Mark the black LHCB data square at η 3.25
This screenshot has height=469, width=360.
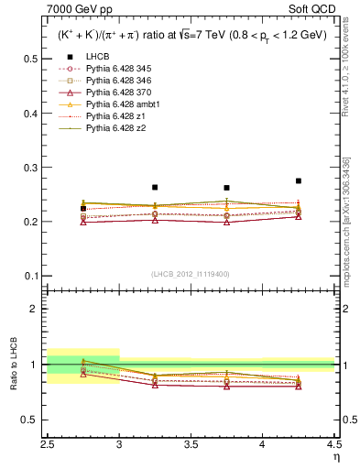tap(155, 187)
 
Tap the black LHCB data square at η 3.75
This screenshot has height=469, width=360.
tap(226, 188)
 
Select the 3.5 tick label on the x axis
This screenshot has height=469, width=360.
tap(191, 443)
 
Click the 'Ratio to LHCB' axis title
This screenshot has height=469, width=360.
tap(14, 365)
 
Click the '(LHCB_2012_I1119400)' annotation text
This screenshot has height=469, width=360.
tap(190, 273)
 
